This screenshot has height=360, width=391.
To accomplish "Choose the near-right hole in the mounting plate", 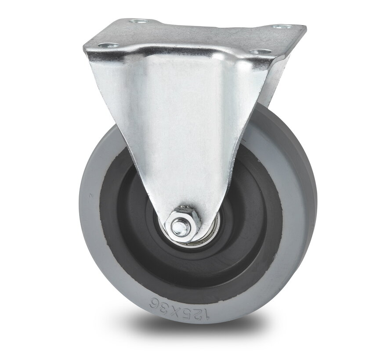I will (x=256, y=51).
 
